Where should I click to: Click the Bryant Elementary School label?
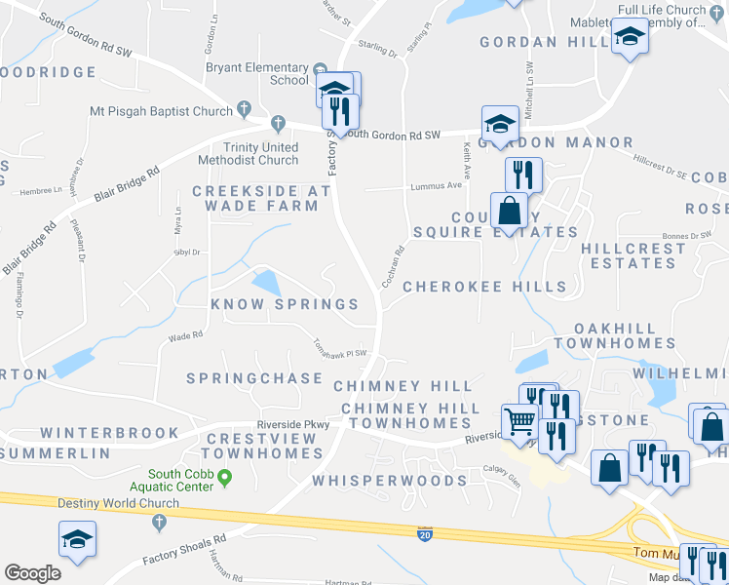[x=256, y=73]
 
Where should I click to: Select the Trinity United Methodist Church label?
[x=248, y=153]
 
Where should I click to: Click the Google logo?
[x=32, y=572]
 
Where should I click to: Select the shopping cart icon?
[x=521, y=421]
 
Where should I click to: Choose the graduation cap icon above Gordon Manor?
[x=500, y=123]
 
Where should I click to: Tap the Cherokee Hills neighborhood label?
[x=484, y=287]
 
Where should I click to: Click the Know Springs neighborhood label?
[x=286, y=304]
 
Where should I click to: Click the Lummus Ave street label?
[x=441, y=185]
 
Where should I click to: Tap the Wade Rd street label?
[x=185, y=335]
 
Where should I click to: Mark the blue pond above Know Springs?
[x=264, y=284]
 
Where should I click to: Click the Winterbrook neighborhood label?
[x=109, y=433]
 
